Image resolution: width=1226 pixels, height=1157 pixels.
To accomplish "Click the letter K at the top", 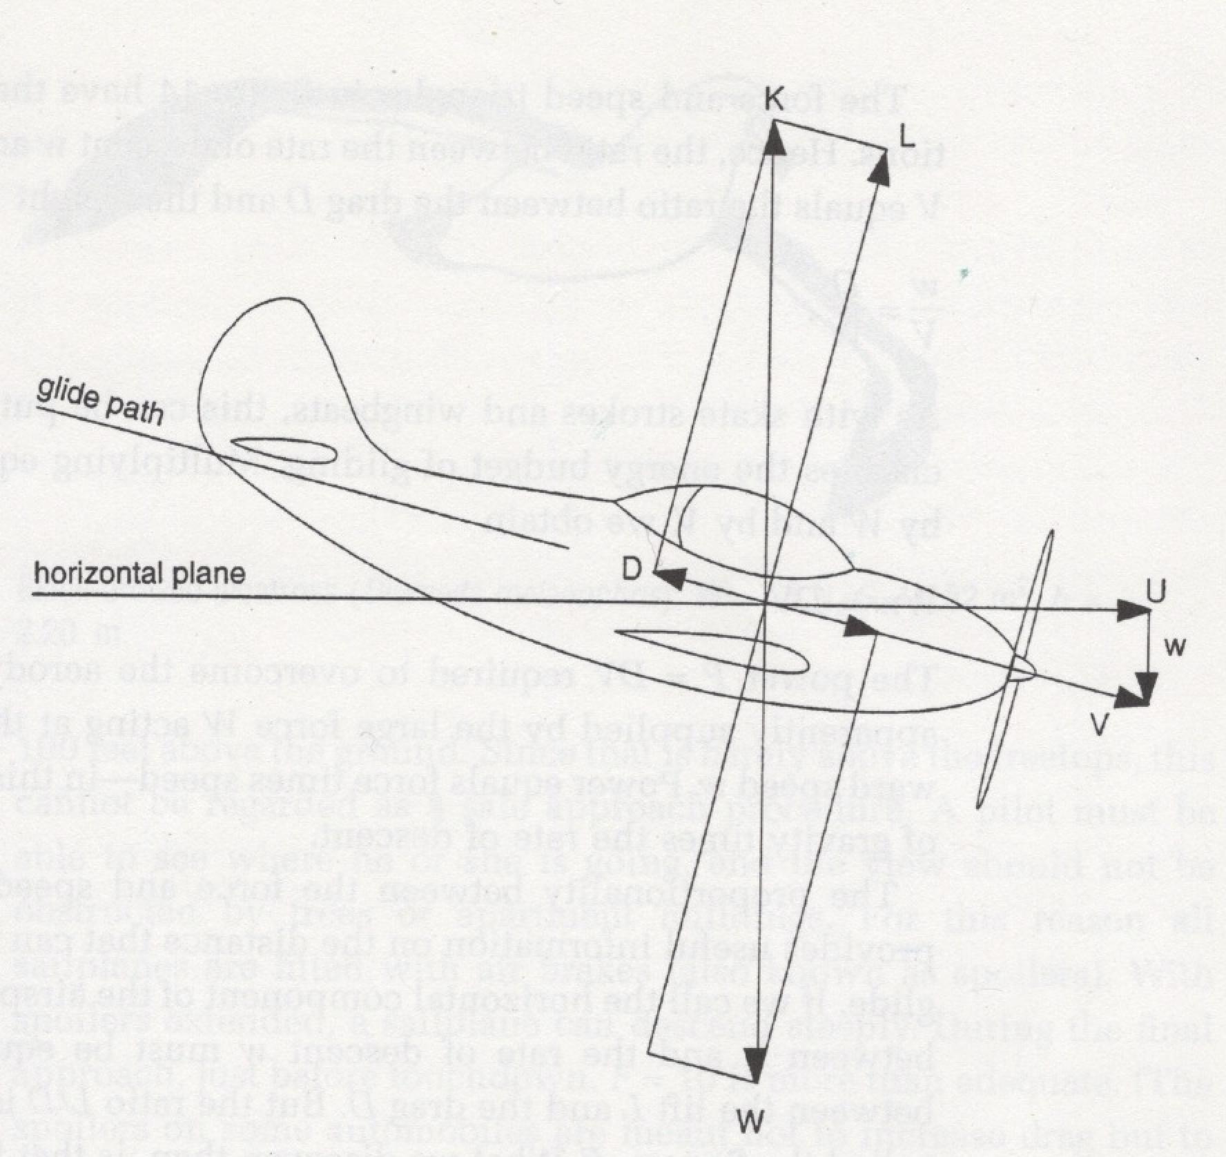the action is point(774,99).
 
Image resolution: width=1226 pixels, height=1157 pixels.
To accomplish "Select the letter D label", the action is point(632,568).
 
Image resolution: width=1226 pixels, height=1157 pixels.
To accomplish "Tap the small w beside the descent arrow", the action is point(1175,647).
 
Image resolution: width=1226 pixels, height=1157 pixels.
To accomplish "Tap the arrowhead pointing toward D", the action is point(668,578).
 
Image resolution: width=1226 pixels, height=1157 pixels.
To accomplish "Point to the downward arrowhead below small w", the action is point(1147,686).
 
